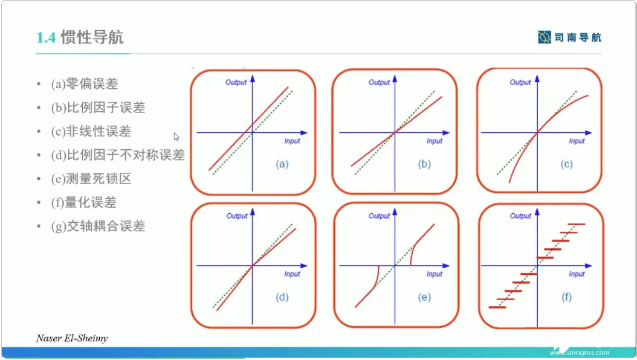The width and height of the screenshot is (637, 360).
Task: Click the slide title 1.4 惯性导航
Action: click(x=80, y=37)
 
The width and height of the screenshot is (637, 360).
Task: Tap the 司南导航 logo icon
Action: click(x=545, y=37)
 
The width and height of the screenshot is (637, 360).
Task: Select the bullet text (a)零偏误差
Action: click(x=85, y=84)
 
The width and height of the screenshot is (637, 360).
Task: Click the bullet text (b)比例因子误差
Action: click(x=98, y=108)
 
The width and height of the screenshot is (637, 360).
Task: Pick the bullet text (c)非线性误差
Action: click(x=91, y=131)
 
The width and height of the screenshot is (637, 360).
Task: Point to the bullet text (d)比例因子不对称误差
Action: click(x=118, y=155)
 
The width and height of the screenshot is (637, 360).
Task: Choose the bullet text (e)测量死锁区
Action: click(x=91, y=179)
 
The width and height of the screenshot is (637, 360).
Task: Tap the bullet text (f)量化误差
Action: click(x=83, y=202)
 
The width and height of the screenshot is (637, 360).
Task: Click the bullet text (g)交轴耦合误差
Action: click(x=98, y=226)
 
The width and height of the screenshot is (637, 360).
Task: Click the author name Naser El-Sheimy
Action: click(x=72, y=338)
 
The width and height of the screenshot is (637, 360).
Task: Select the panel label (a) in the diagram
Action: click(x=282, y=164)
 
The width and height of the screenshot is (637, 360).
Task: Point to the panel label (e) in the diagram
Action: click(x=424, y=297)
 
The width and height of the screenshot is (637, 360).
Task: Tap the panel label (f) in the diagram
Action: click(x=566, y=297)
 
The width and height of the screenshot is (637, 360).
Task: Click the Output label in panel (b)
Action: click(x=379, y=82)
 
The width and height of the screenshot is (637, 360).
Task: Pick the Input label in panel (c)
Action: click(x=577, y=141)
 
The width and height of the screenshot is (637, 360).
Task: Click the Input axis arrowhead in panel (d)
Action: click(x=304, y=266)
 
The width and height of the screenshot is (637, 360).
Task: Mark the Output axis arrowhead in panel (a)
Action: click(x=252, y=79)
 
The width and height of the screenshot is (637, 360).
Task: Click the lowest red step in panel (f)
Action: click(x=497, y=307)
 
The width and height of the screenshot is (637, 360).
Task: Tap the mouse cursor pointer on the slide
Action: click(x=176, y=137)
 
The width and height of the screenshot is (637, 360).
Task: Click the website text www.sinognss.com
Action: click(x=580, y=353)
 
